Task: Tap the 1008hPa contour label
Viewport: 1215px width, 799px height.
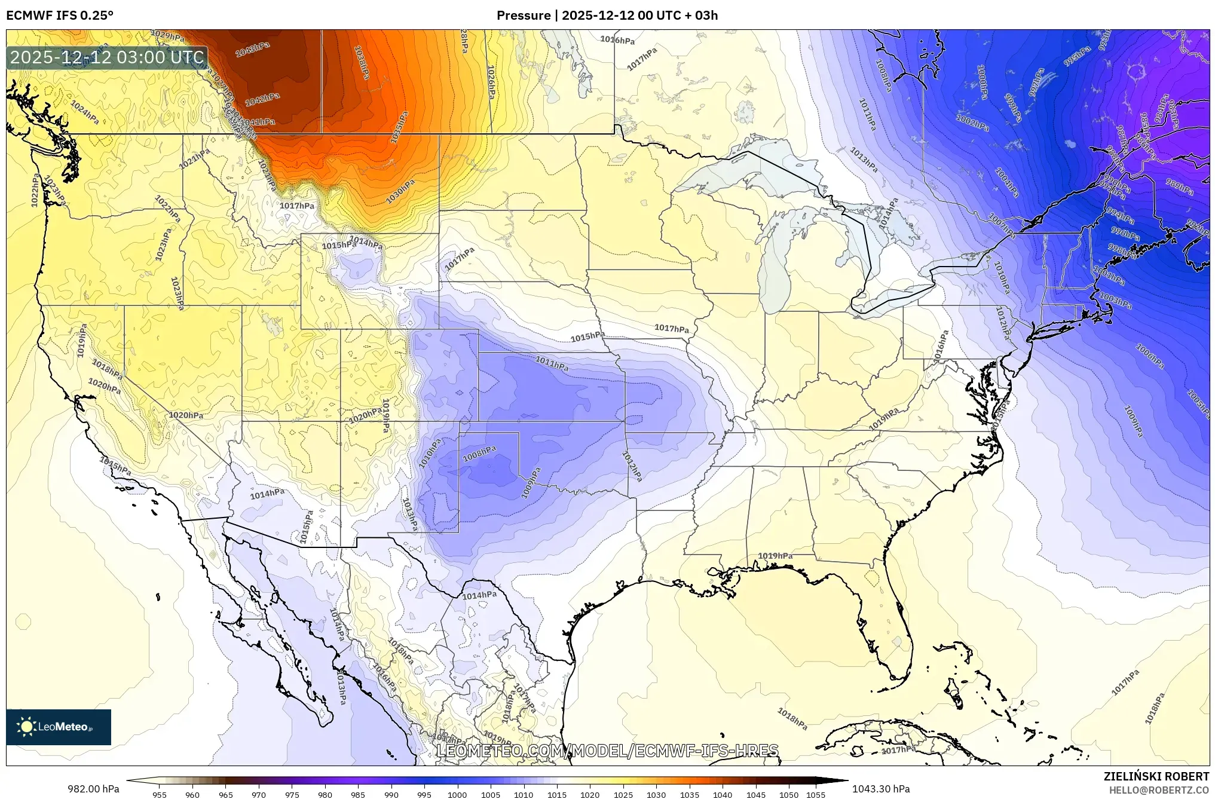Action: [x=479, y=454]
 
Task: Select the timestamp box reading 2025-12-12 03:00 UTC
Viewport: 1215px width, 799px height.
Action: [x=108, y=57]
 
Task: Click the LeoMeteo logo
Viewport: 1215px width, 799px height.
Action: [x=59, y=727]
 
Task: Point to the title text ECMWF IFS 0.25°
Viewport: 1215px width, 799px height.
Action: [x=60, y=16]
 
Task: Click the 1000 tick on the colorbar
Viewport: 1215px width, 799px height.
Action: [x=457, y=794]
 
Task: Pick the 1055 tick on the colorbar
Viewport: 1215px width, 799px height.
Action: [x=815, y=794]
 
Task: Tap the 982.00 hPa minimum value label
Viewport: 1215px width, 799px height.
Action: [x=93, y=789]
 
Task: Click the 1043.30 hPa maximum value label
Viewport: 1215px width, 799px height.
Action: [x=881, y=789]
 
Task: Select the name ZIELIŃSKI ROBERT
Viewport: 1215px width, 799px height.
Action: [x=1156, y=776]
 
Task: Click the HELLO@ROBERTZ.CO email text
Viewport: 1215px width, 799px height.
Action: [x=1159, y=790]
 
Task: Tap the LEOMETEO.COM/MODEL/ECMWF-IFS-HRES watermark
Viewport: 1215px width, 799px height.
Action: [x=607, y=751]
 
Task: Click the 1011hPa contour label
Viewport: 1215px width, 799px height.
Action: [x=552, y=362]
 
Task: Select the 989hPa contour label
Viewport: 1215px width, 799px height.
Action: [x=1179, y=186]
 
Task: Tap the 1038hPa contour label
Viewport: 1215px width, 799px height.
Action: [x=361, y=62]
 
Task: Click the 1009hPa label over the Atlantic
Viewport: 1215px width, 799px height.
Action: [x=1133, y=421]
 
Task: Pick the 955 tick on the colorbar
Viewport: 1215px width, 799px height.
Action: [x=159, y=794]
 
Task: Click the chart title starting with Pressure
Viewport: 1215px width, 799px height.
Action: [x=607, y=16]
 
